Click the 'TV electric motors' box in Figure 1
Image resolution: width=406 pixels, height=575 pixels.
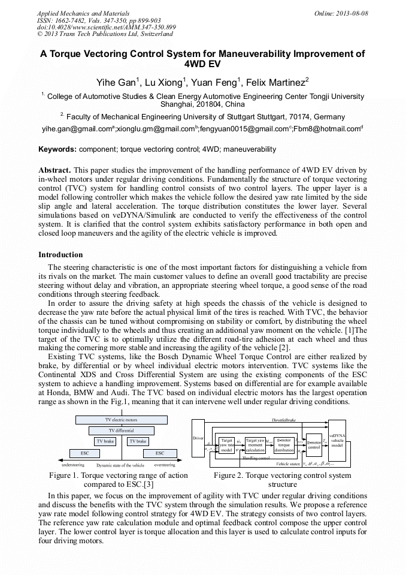pos(121,420)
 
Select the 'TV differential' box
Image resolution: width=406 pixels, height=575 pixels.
pos(121,431)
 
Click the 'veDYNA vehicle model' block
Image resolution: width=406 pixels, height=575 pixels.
pos(337,441)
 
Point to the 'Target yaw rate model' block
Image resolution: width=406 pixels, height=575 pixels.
pos(226,445)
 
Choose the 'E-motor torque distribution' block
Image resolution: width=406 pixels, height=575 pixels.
pos(284,445)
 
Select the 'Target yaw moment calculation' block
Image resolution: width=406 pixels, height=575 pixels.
pos(255,445)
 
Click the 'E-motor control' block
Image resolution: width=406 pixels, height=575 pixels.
pos(314,444)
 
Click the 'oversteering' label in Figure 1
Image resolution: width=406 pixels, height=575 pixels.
pos(165,465)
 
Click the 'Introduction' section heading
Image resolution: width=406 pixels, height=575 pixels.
pos(60,254)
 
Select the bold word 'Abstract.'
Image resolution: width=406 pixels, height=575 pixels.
pos(55,170)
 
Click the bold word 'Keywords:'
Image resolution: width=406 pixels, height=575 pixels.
pos(57,149)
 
